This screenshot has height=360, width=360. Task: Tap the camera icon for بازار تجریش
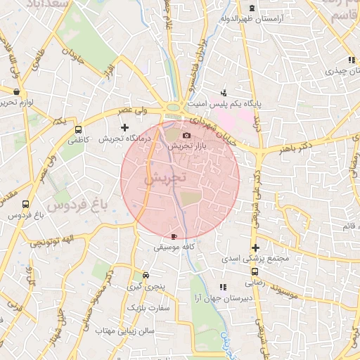[186, 135]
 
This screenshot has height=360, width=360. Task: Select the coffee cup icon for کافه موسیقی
[174, 237]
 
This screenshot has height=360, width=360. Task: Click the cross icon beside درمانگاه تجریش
[125, 127]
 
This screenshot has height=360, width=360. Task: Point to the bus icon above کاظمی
[78, 129]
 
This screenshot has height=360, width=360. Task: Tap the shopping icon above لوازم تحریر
[16, 91]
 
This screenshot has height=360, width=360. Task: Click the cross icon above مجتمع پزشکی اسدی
[255, 247]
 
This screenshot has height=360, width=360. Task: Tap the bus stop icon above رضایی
[255, 271]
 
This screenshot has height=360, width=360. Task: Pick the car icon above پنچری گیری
[146, 276]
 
